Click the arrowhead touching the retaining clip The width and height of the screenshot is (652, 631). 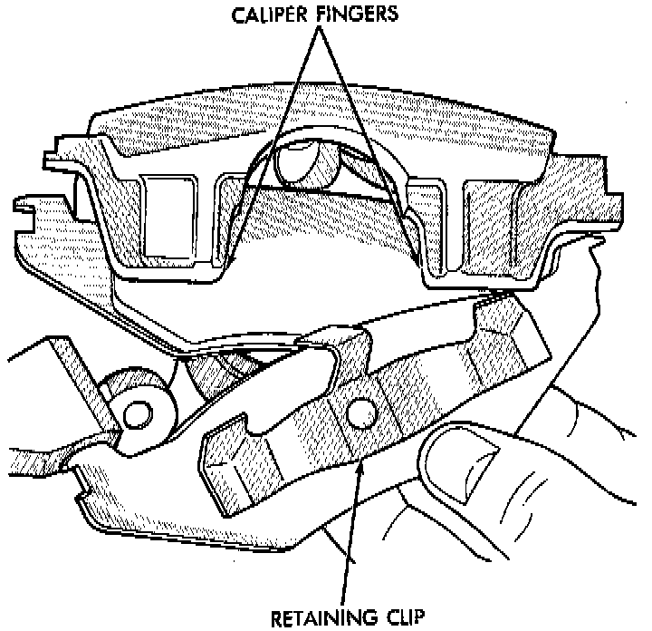(x=362, y=461)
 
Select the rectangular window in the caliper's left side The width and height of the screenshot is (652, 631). (x=169, y=214)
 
